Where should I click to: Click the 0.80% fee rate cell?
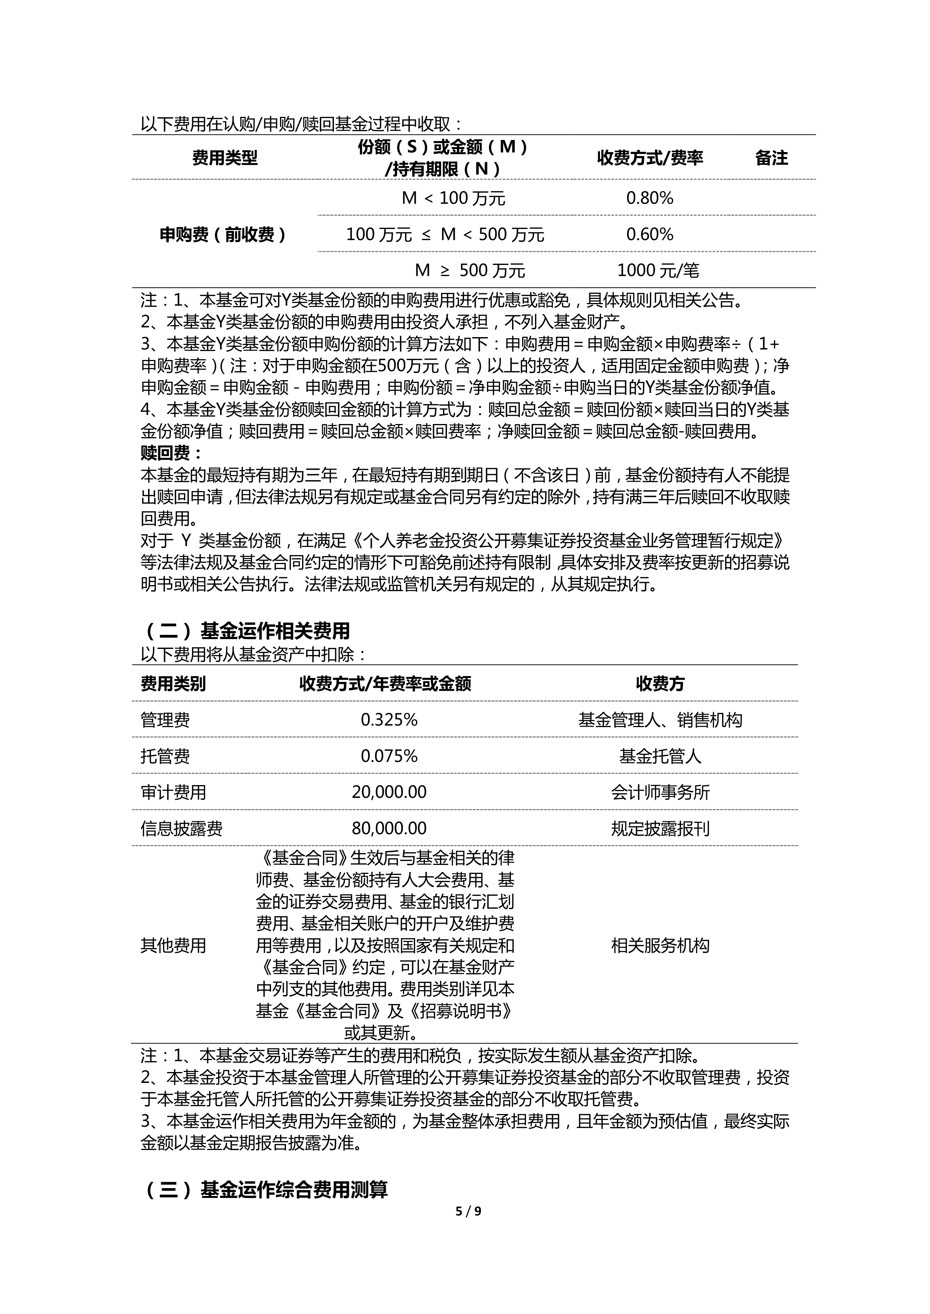click(x=649, y=198)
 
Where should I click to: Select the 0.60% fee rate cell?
click(x=649, y=234)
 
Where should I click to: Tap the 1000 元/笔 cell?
click(x=658, y=270)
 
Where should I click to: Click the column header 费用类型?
click(x=225, y=158)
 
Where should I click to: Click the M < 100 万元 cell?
click(x=454, y=198)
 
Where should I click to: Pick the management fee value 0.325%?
click(x=389, y=720)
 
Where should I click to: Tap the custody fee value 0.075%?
click(x=389, y=756)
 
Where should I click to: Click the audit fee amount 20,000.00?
click(x=389, y=792)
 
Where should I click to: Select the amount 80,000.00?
click(x=389, y=828)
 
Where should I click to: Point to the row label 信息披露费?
click(x=181, y=828)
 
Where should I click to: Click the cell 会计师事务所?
click(x=660, y=792)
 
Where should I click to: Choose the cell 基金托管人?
click(x=660, y=756)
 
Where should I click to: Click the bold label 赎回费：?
click(x=172, y=453)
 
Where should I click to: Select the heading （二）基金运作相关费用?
click(x=246, y=631)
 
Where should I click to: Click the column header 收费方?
click(x=660, y=683)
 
